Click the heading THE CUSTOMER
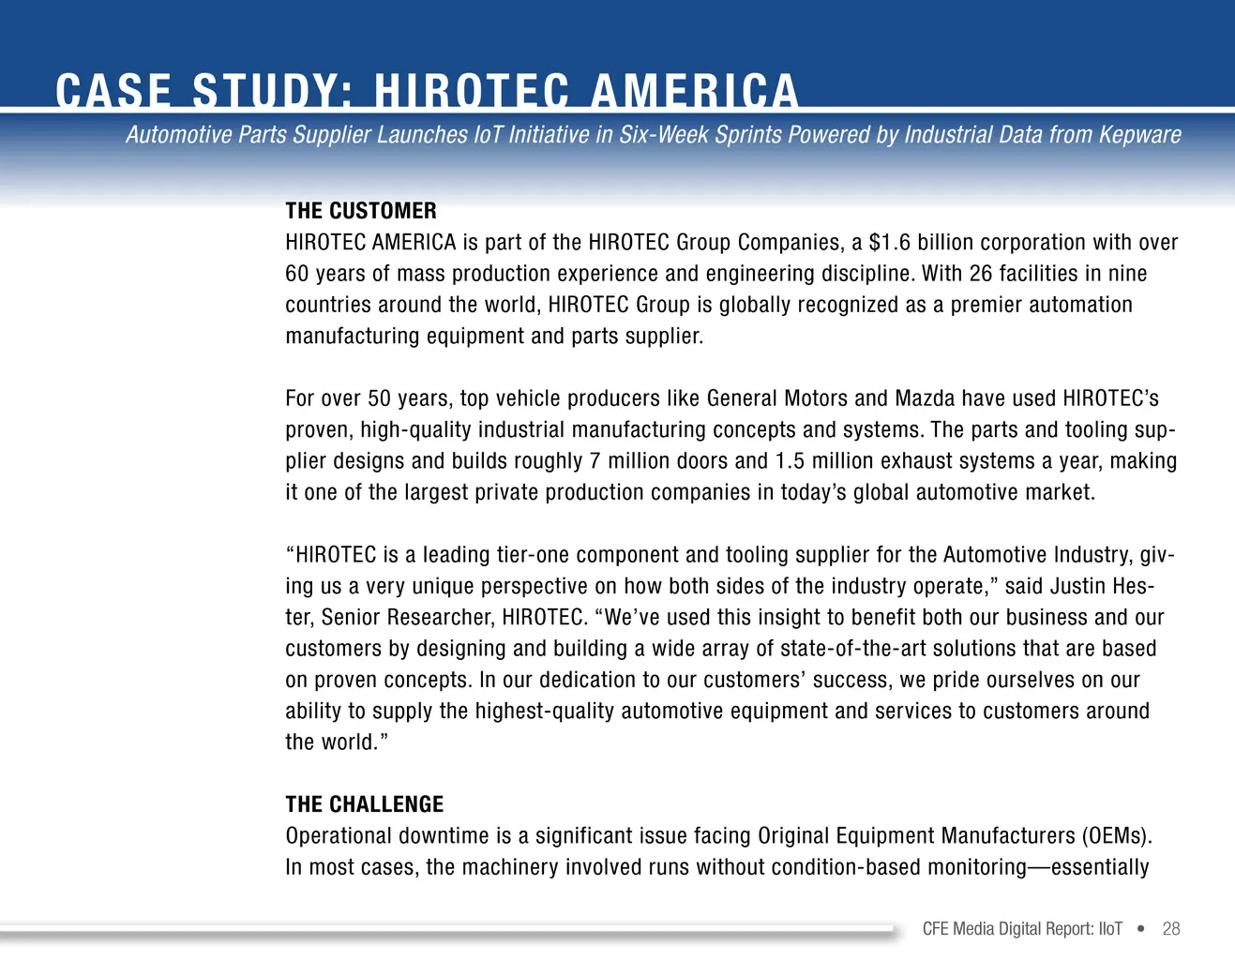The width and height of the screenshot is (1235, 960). point(361,211)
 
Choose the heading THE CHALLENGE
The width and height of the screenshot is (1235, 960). point(364,804)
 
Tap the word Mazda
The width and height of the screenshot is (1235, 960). point(925,398)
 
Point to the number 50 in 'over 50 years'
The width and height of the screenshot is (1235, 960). point(379,398)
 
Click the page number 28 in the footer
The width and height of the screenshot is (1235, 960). point(1171,929)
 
